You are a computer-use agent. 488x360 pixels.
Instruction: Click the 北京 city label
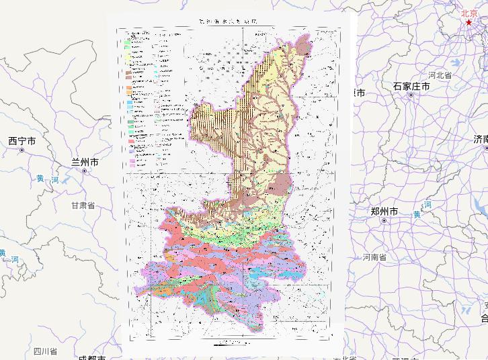coord(469,13)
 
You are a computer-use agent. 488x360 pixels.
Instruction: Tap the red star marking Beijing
coord(469,23)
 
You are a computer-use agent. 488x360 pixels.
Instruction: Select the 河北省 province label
coord(440,76)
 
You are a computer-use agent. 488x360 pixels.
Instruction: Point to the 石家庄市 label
coord(411,87)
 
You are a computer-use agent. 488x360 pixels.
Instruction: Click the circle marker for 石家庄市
coord(411,96)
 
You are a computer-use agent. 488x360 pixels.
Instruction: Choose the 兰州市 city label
coord(85,163)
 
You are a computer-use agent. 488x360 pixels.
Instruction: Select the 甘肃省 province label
coord(82,205)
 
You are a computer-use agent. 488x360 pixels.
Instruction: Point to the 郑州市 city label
coord(384,212)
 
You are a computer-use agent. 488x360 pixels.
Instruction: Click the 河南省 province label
coord(375,257)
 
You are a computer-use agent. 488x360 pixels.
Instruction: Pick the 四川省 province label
coord(46,351)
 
